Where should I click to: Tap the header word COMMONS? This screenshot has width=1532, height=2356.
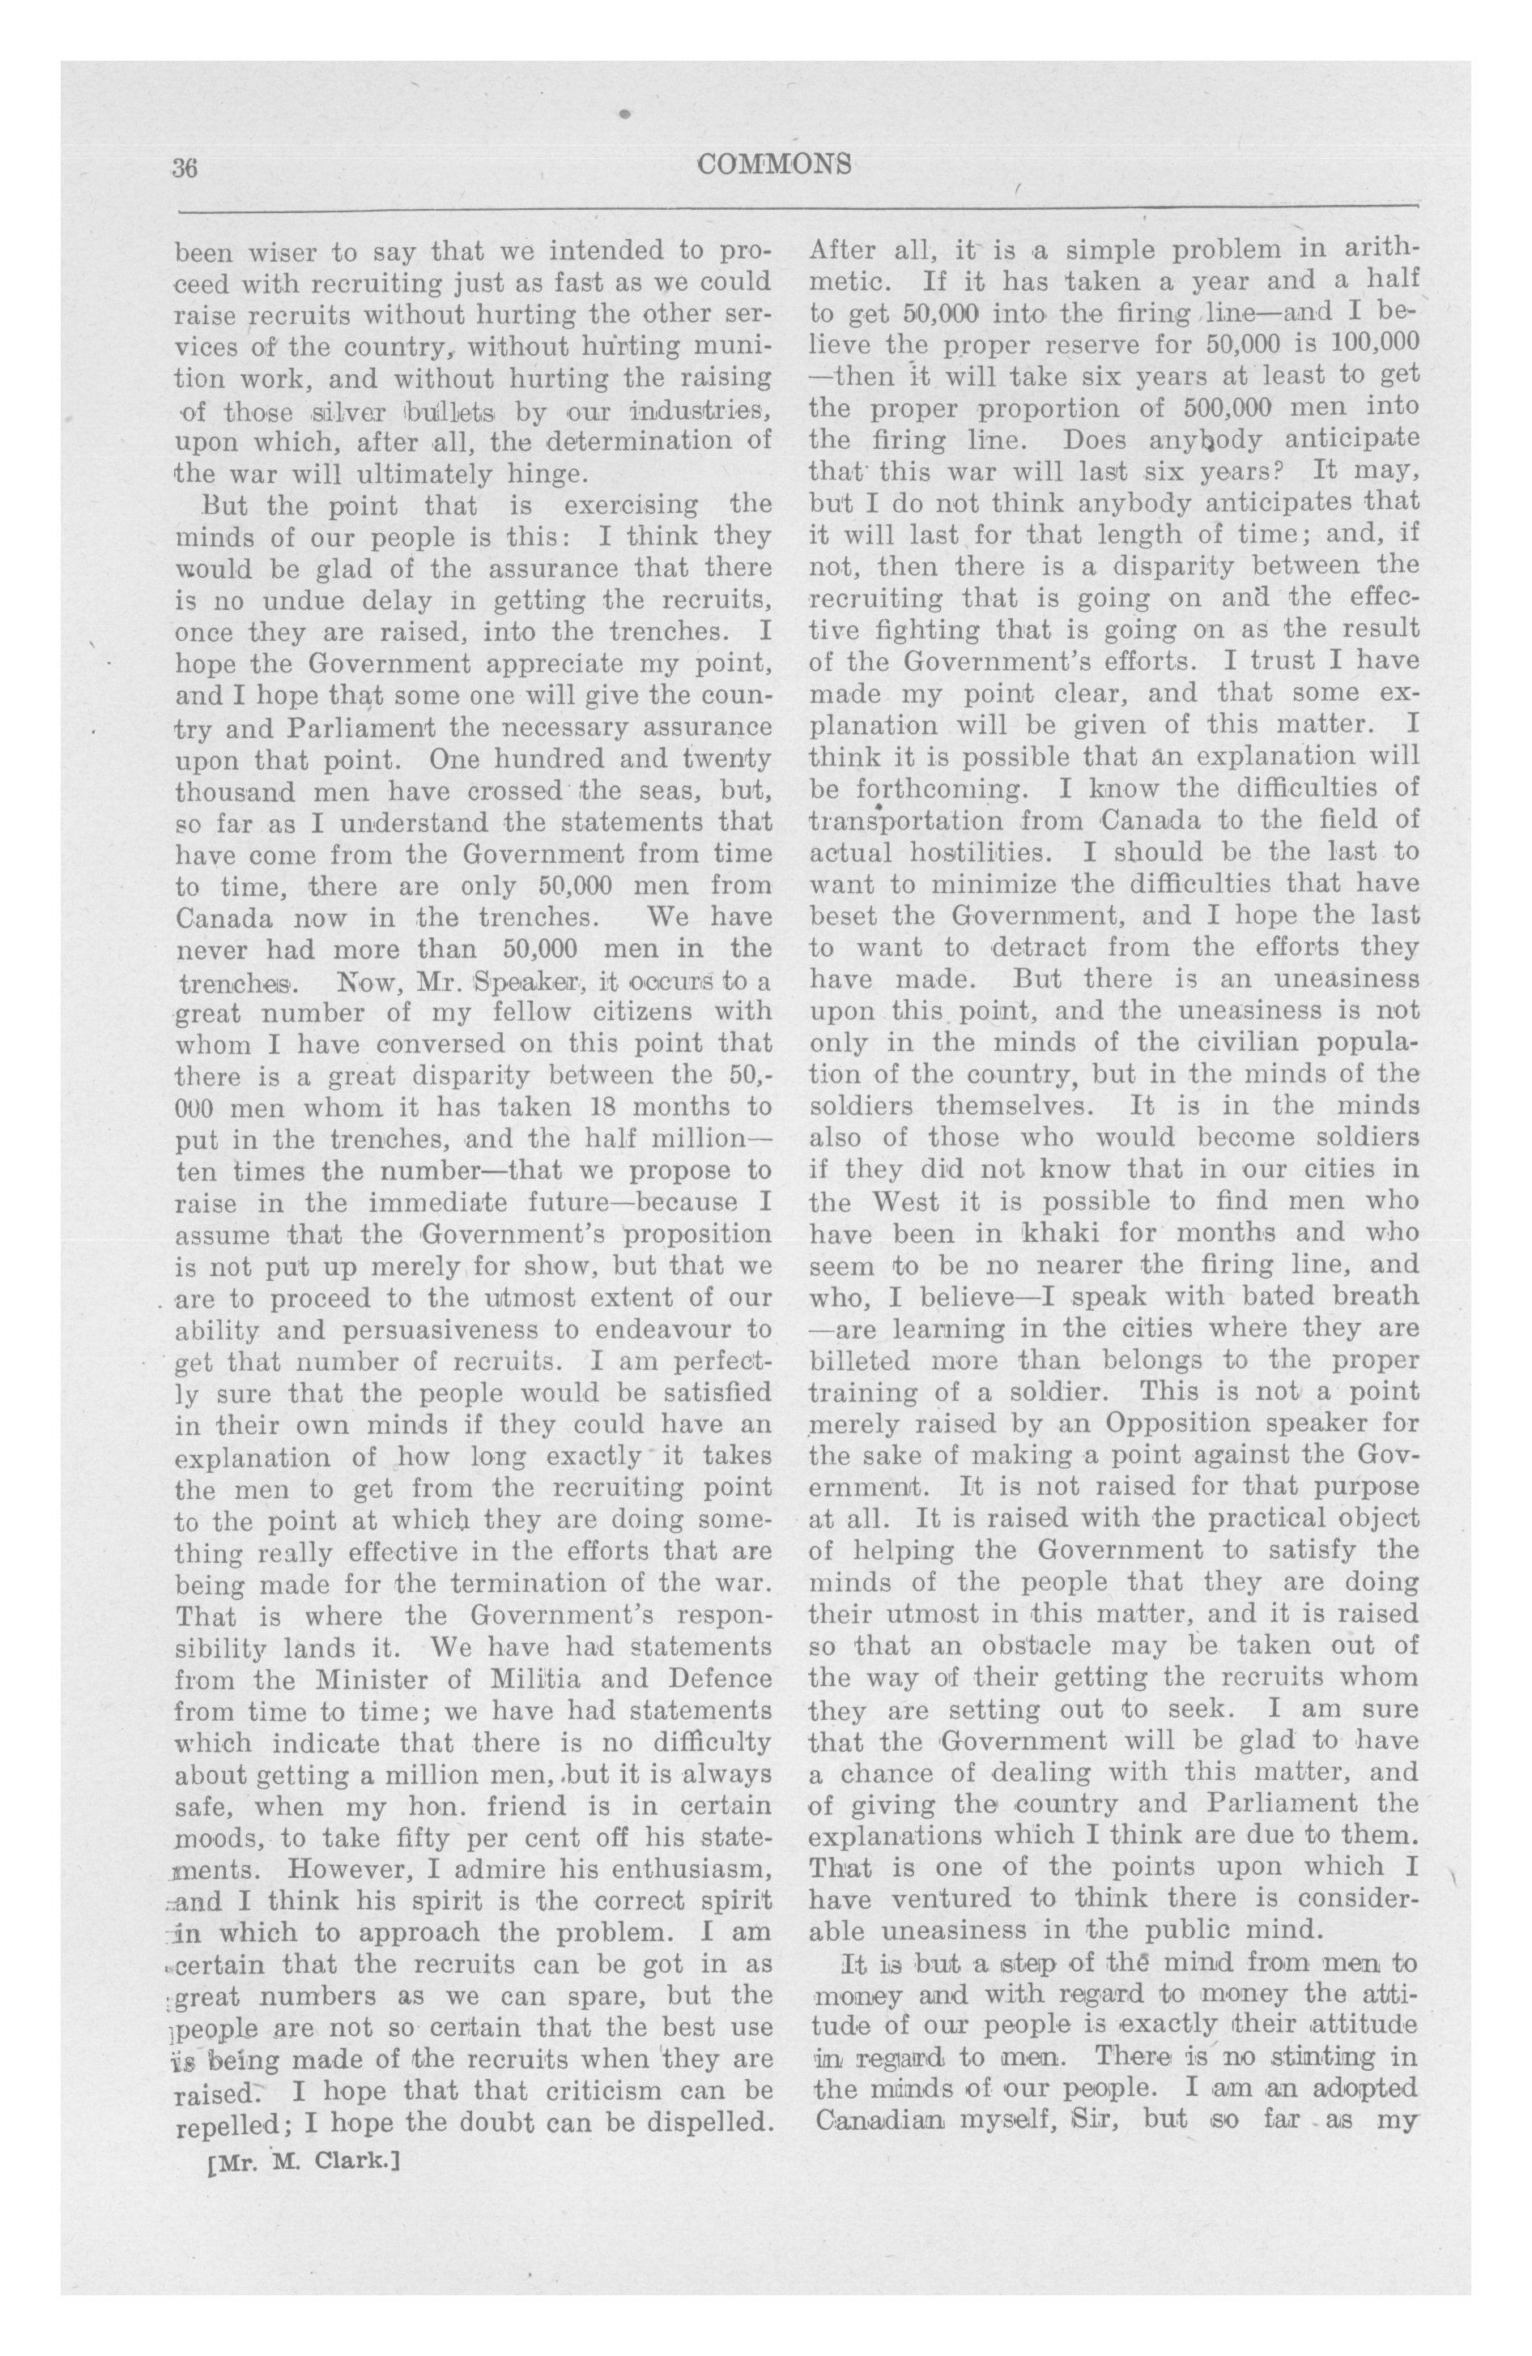click(774, 164)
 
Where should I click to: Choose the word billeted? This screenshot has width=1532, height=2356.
click(859, 1360)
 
